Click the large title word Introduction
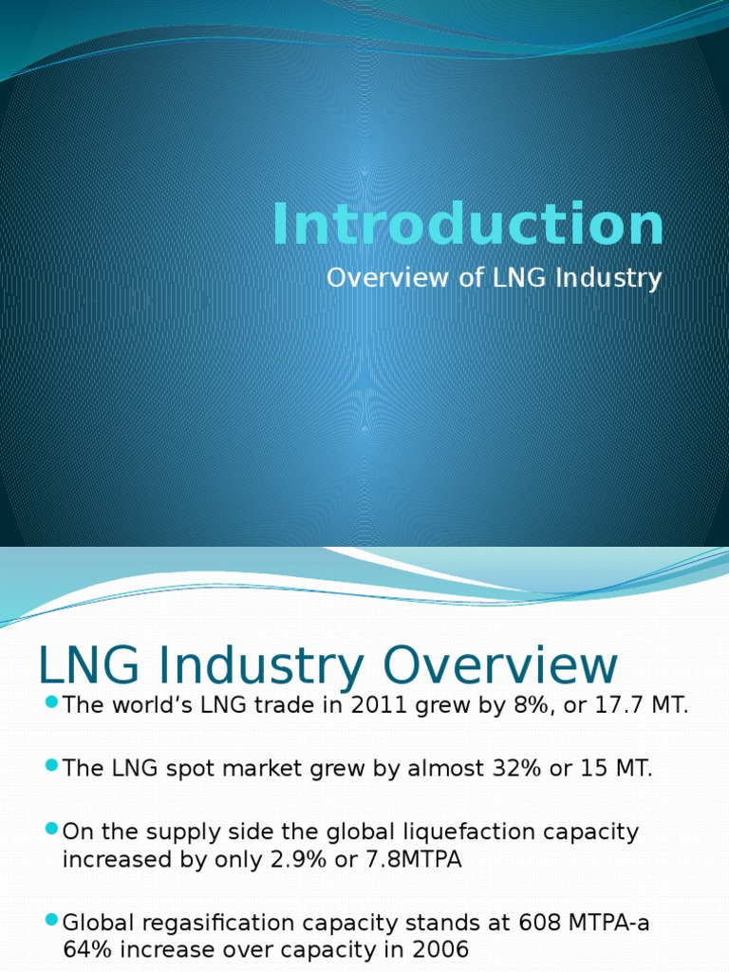[468, 226]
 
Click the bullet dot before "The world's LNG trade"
[51, 703]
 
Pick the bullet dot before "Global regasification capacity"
[51, 921]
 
